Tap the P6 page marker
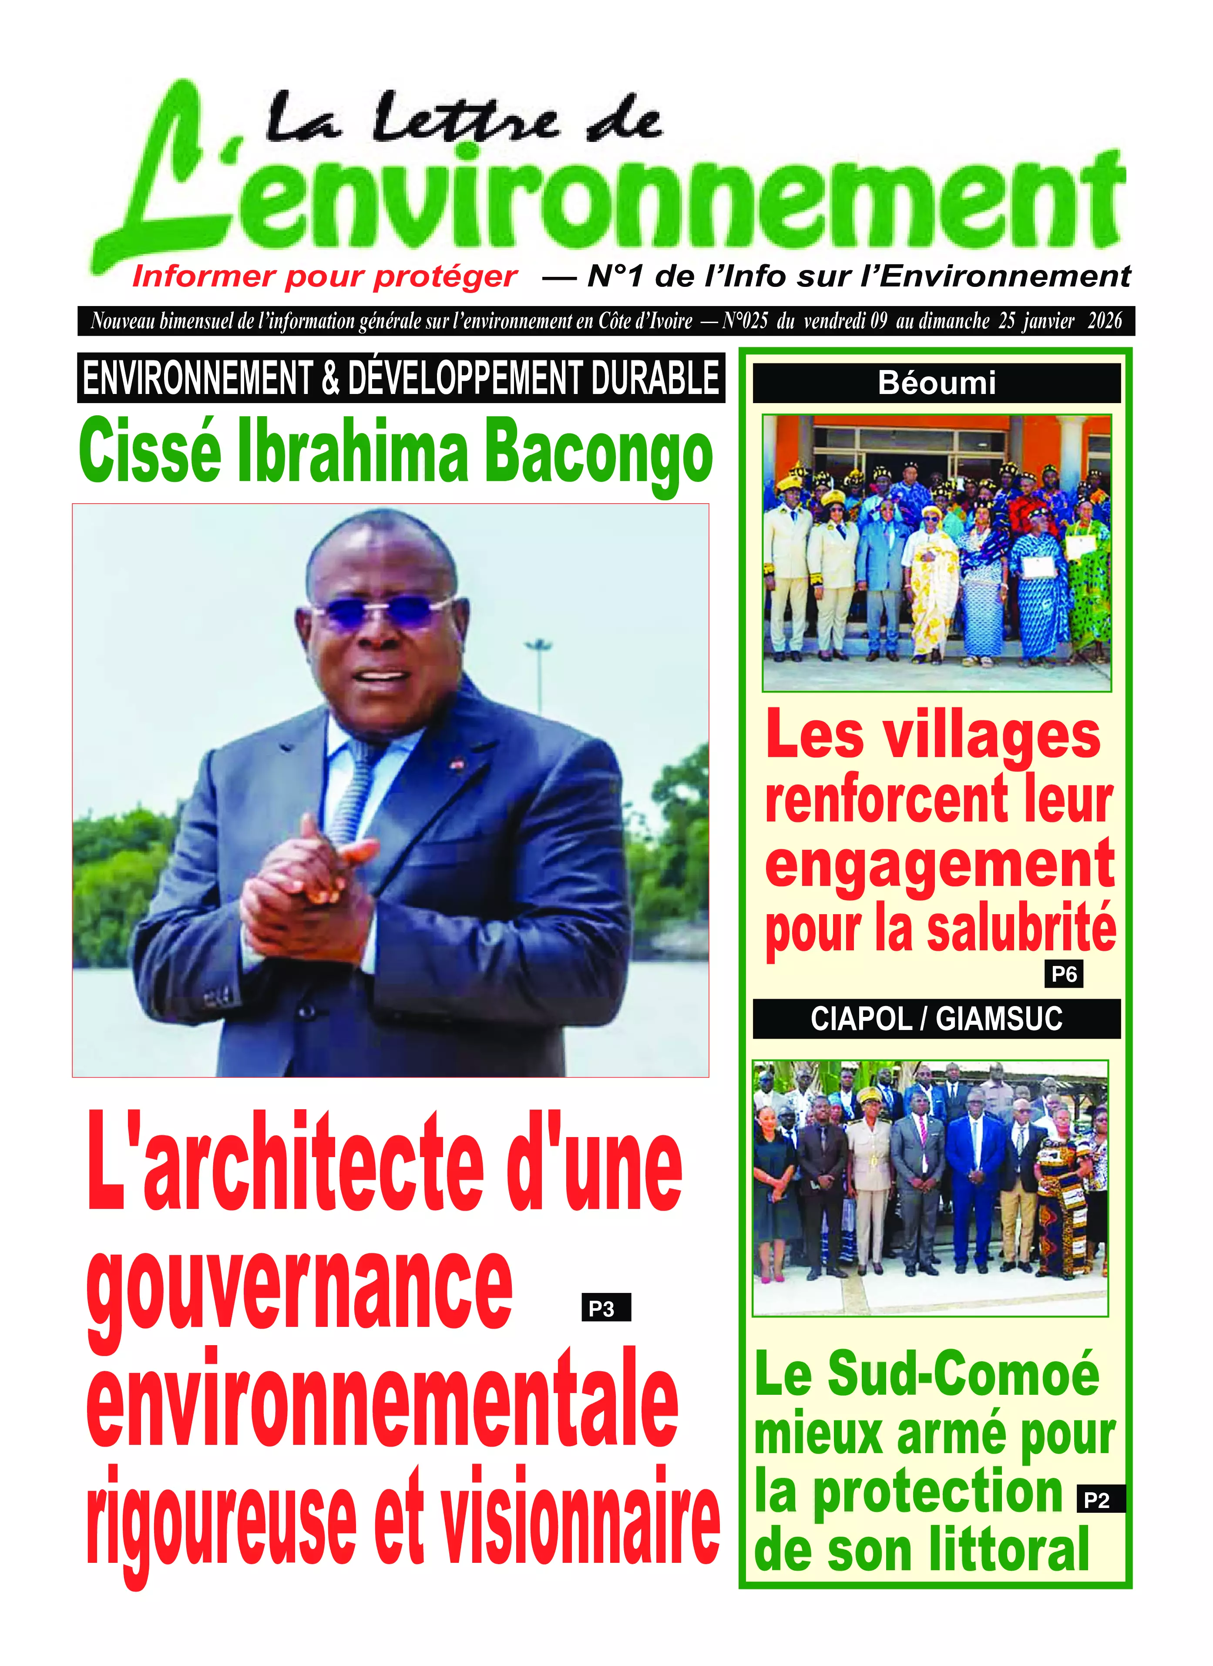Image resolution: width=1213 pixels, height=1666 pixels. [1063, 975]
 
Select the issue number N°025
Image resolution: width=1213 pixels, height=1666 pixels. [745, 321]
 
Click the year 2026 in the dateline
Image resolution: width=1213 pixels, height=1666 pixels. [1104, 321]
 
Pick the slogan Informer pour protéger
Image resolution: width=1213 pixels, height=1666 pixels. [325, 277]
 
